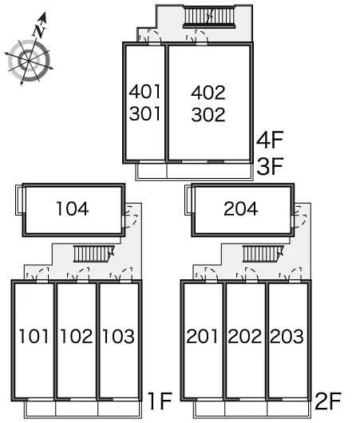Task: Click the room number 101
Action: coord(34,336)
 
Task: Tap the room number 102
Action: coord(77,336)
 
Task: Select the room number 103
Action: coord(118,336)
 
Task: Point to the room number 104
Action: coord(73,209)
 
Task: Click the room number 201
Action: coord(202,336)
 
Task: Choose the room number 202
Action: coord(245,336)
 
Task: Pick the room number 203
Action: coord(287,336)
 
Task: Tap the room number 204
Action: coord(241,209)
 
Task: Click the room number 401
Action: coord(145,92)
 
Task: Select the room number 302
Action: coord(208,115)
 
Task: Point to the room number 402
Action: coord(208,93)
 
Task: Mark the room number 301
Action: coord(145,113)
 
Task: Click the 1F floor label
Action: coord(160,401)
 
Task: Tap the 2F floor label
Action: coord(328,401)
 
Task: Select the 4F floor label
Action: coord(270,140)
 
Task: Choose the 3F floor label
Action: coord(270,166)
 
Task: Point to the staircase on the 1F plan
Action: coord(94,254)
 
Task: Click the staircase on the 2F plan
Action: coord(263,254)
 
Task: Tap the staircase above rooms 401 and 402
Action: coord(209,18)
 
